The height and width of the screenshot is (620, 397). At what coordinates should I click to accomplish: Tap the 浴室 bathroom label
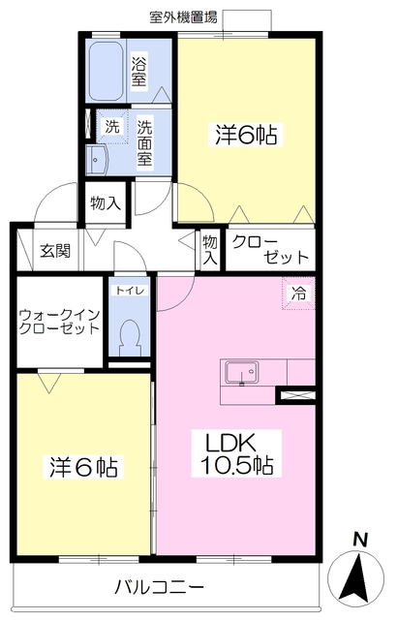(139, 70)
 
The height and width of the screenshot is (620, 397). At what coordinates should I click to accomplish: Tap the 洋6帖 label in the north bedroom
(246, 136)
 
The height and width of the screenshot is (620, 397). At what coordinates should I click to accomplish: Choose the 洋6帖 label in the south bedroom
(84, 467)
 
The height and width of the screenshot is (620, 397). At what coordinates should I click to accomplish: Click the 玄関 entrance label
(54, 250)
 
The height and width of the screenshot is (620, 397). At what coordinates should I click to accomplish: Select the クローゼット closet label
(271, 249)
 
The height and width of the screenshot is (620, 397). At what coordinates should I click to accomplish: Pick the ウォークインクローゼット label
(59, 322)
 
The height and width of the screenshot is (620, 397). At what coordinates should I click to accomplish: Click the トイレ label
(127, 291)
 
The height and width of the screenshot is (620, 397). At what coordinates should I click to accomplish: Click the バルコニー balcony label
(159, 587)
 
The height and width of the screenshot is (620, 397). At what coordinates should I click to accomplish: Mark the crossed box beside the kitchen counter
(295, 394)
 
